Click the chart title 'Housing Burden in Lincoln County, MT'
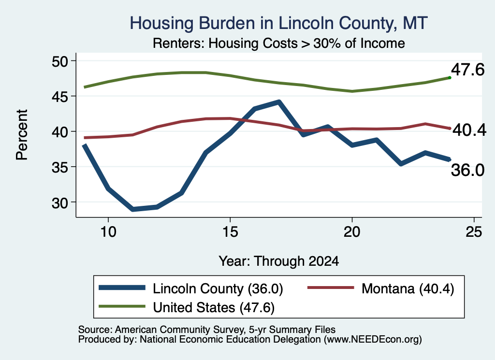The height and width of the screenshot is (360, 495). pyautogui.click(x=279, y=23)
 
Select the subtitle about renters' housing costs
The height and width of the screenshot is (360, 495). pyautogui.click(x=279, y=43)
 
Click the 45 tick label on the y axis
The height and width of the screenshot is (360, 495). pyautogui.click(x=60, y=97)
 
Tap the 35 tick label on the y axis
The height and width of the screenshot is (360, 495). pyautogui.click(x=60, y=167)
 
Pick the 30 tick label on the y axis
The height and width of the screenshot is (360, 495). pyautogui.click(x=60, y=203)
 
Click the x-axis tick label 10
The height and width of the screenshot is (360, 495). pyautogui.click(x=108, y=232)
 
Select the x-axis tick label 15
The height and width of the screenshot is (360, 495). pyautogui.click(x=230, y=232)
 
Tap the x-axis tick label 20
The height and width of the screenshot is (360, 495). pyautogui.click(x=352, y=232)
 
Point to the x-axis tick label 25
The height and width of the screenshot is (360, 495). pyautogui.click(x=474, y=232)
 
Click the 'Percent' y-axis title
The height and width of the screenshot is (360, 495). pyautogui.click(x=22, y=135)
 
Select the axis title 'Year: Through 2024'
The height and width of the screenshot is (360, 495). pyautogui.click(x=279, y=261)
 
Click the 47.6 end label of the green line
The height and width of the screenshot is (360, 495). pyautogui.click(x=467, y=70)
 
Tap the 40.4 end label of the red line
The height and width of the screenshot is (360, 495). pyautogui.click(x=469, y=130)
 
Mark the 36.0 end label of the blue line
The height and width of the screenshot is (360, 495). pyautogui.click(x=467, y=171)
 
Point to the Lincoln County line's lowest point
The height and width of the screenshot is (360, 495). pyautogui.click(x=133, y=209)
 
